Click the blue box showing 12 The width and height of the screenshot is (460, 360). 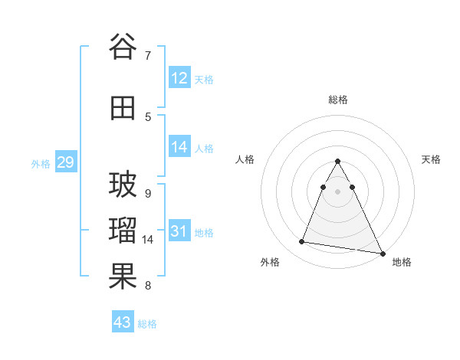[x=179, y=78]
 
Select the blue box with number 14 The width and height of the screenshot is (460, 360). [x=179, y=147]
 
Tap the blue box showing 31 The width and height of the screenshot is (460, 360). [x=179, y=231]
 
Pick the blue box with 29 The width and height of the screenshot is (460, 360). [x=65, y=162]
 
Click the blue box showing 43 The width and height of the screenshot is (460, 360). [x=123, y=322]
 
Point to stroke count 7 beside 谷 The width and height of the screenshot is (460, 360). [x=148, y=55]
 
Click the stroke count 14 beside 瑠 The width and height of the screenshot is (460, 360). [x=148, y=240]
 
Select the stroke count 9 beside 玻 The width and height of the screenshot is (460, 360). [x=148, y=193]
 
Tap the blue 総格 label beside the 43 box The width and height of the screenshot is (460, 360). [x=147, y=324]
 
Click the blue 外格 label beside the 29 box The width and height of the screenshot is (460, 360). [x=41, y=164]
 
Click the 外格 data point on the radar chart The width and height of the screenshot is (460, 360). [x=301, y=242]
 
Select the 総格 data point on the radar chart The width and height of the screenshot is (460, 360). [x=337, y=162]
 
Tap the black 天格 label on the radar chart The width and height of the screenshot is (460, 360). [x=431, y=159]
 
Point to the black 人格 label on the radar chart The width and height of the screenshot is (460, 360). [x=245, y=159]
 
